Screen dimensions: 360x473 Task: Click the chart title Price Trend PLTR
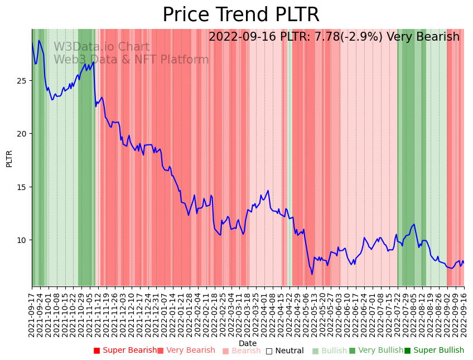click(240, 14)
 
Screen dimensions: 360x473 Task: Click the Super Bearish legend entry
click(126, 351)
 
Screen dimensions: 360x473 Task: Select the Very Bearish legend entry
click(186, 351)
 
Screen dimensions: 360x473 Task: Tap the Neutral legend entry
click(284, 351)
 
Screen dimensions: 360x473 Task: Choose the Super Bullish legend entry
click(434, 351)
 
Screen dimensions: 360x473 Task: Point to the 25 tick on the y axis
click(22, 81)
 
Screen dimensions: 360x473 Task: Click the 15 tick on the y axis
click(22, 187)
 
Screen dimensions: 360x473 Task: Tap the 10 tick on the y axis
click(22, 240)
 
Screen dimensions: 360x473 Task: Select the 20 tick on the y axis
click(22, 134)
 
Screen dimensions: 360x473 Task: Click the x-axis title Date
click(248, 343)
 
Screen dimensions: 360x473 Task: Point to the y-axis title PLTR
click(9, 158)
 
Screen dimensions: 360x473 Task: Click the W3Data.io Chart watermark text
click(102, 47)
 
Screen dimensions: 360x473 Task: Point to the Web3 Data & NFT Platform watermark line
click(131, 60)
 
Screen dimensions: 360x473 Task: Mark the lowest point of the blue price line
click(312, 274)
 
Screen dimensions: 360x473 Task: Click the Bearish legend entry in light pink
click(242, 351)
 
